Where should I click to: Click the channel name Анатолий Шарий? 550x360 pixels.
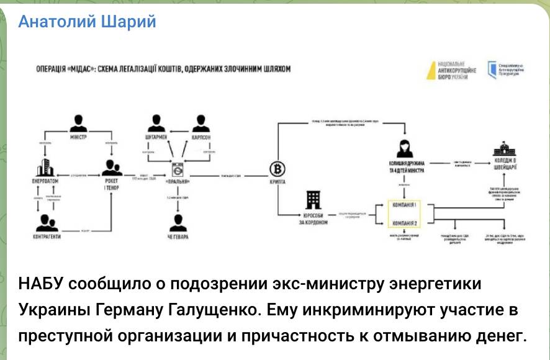87,22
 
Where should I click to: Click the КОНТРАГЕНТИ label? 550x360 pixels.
48,237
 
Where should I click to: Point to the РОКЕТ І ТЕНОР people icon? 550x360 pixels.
112,168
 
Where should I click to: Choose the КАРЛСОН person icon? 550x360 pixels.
199,122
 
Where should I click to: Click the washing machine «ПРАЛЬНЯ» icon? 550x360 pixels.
179,170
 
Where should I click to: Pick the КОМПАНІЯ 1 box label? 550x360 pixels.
403,204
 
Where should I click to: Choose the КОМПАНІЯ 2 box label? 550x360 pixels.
403,223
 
